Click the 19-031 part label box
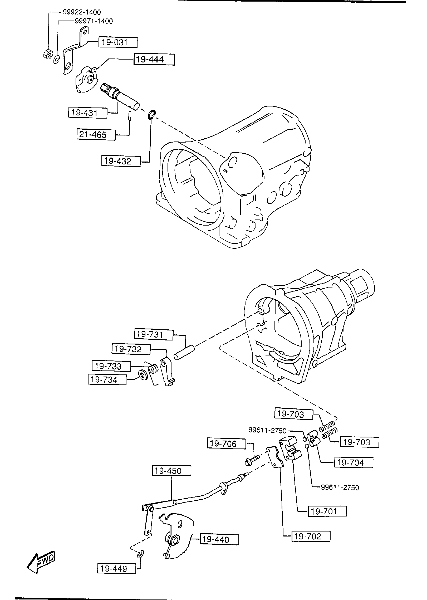click(118, 42)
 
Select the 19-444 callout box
click(154, 60)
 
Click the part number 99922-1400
click(82, 12)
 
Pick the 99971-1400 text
click(94, 21)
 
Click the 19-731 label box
click(154, 335)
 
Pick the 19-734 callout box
click(107, 380)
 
